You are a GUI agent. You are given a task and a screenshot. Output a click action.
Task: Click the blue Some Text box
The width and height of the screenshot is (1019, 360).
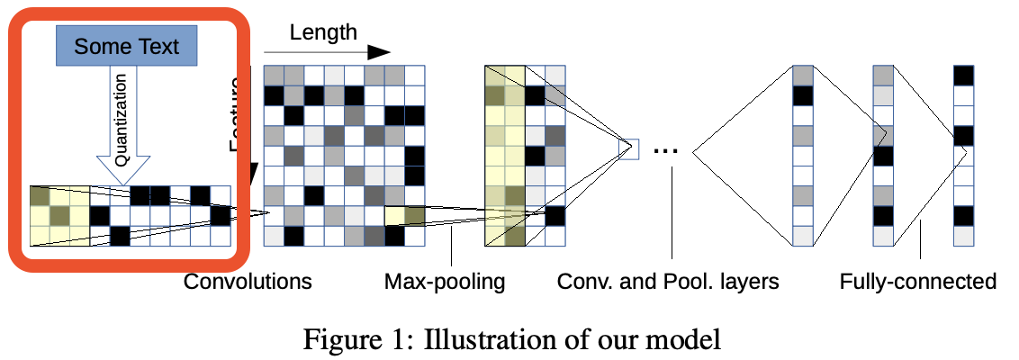point(126,46)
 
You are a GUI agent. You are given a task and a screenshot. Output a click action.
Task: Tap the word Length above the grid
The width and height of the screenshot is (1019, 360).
point(323,32)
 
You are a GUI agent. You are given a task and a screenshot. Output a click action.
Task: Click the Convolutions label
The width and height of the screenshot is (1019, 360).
point(248,282)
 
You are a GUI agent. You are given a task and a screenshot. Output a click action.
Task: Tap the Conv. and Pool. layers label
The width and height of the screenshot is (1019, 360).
point(668,282)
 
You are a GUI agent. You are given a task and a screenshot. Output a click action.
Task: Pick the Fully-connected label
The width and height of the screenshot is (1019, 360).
point(917,282)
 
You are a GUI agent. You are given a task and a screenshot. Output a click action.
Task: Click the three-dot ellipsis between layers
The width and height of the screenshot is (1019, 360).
point(665,149)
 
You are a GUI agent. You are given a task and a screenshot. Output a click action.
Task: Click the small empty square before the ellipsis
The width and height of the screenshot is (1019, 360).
point(630,148)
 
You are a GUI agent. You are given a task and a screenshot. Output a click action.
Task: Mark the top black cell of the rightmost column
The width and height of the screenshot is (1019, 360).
point(963,76)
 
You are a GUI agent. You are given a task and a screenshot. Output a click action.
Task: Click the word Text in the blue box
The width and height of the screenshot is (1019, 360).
point(158,46)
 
